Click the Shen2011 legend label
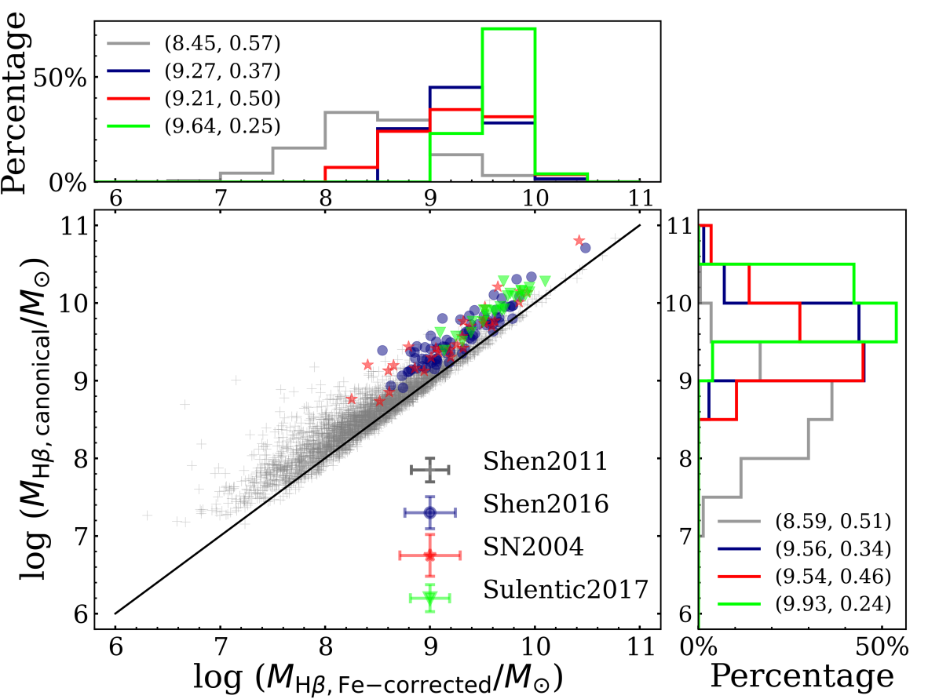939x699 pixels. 546,461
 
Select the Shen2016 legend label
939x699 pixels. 546,504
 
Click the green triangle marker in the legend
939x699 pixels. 429,598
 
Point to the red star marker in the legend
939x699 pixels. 429,555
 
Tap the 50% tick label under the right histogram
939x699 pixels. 882,648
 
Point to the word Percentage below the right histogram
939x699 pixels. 802,675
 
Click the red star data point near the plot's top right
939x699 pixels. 579,240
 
